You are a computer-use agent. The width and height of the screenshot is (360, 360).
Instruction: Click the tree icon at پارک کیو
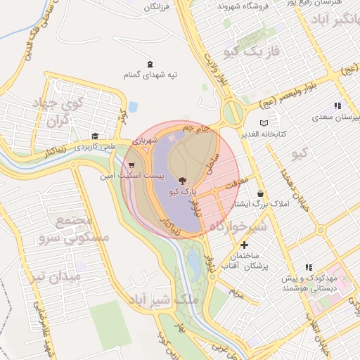[184, 181]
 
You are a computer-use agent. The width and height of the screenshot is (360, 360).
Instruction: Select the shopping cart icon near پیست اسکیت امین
[131, 165]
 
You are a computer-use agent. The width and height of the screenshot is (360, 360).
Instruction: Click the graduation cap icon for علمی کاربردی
[94, 136]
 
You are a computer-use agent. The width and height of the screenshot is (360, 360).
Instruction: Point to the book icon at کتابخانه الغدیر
[264, 123]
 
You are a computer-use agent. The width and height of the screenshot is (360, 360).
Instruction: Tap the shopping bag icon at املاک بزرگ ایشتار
[261, 193]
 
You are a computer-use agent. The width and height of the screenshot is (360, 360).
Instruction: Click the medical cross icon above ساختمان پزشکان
[244, 245]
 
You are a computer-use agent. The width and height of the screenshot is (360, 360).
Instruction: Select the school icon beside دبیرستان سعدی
[337, 105]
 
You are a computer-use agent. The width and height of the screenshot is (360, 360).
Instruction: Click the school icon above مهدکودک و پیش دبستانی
[309, 267]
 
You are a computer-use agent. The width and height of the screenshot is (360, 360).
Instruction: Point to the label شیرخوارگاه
[237, 226]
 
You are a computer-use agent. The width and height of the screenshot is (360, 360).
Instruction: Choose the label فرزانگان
[157, 7]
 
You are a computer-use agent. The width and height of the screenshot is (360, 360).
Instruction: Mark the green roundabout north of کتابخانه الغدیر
[232, 111]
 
